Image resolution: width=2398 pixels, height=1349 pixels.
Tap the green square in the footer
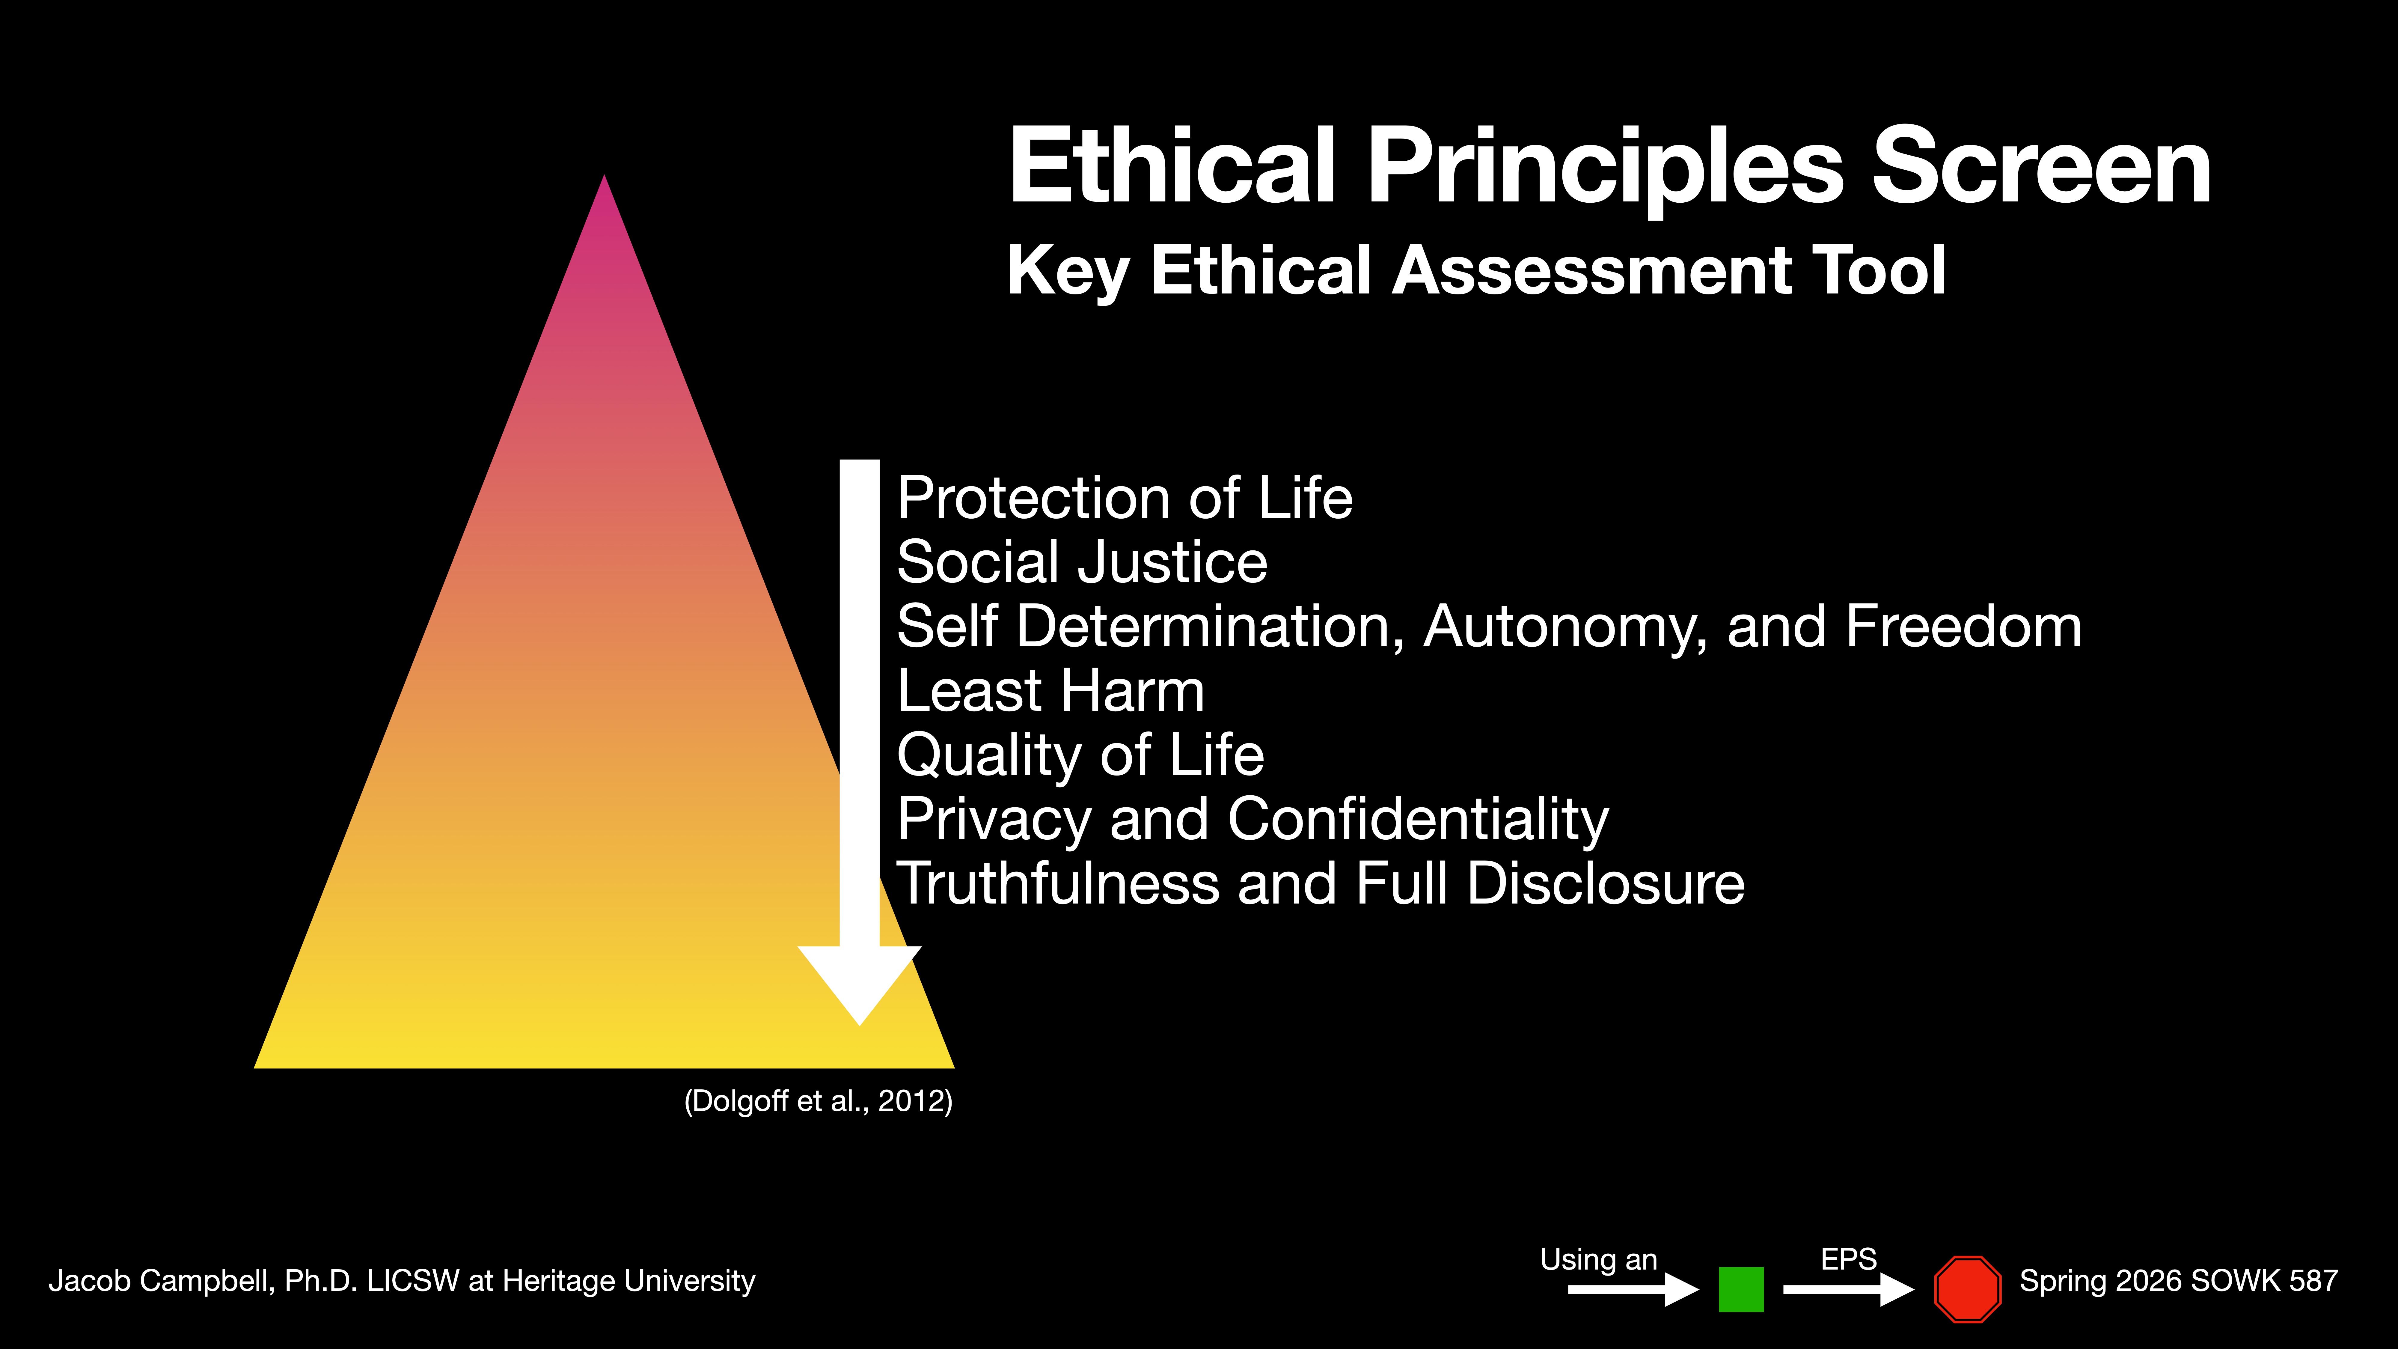(1741, 1289)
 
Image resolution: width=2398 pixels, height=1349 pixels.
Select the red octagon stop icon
(1967, 1289)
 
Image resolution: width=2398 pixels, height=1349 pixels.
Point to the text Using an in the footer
(1598, 1260)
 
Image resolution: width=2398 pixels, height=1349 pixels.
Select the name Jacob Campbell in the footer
(160, 1281)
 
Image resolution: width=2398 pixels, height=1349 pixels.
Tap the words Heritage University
(628, 1281)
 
